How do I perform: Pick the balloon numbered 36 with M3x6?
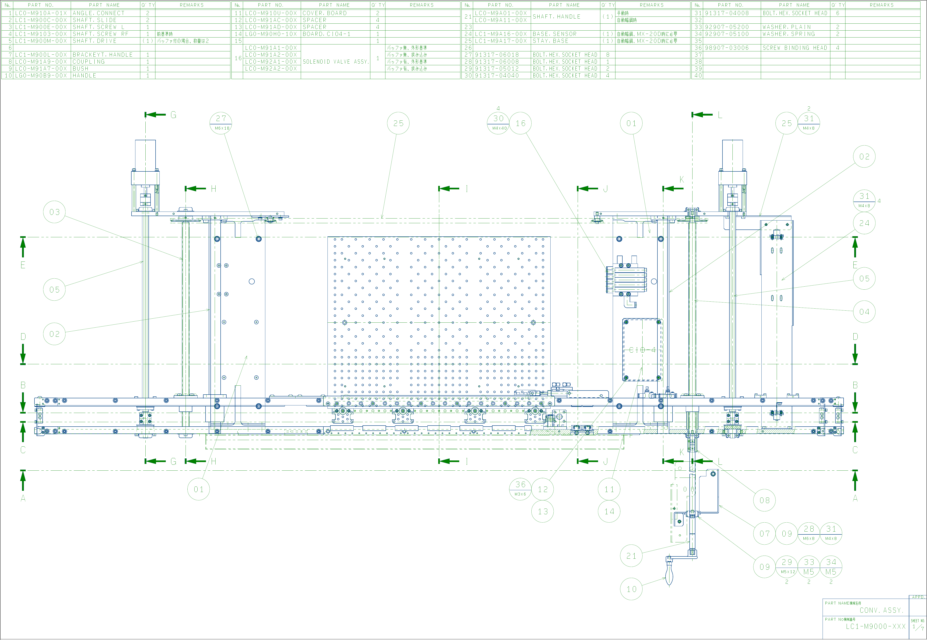click(x=520, y=489)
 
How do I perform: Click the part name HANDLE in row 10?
click(x=84, y=75)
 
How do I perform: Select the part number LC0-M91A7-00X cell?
click(x=41, y=68)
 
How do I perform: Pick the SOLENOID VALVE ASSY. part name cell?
click(x=335, y=62)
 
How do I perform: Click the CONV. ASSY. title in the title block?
click(x=881, y=610)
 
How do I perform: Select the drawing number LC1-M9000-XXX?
click(x=875, y=626)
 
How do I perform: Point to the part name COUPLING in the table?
click(x=89, y=62)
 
